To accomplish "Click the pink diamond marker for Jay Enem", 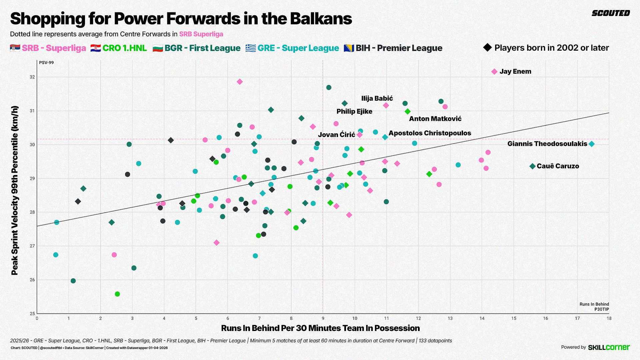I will coord(494,72).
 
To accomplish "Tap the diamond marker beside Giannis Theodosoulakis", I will coord(592,144).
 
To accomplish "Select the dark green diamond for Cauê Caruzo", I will coord(532,166).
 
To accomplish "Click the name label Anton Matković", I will coord(435,119).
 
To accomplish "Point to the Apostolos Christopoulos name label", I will coord(430,133).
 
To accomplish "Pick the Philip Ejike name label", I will coord(354,111).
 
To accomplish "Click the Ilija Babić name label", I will coord(377,98).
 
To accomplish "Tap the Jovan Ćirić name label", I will coord(336,135).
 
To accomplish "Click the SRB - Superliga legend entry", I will coord(48,48).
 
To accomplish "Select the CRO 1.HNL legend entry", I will coord(119,48).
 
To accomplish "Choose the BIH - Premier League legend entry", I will coord(393,48).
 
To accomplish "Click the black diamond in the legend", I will coord(487,48).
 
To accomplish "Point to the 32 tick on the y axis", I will coord(32,77).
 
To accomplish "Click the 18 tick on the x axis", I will coord(609,318).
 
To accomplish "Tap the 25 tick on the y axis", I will coord(32,313).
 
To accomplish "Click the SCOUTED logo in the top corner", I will coord(611,13).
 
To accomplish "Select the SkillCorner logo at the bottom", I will coord(609,347).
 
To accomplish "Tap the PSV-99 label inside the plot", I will coord(46,63).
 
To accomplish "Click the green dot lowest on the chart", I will coord(117,294).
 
